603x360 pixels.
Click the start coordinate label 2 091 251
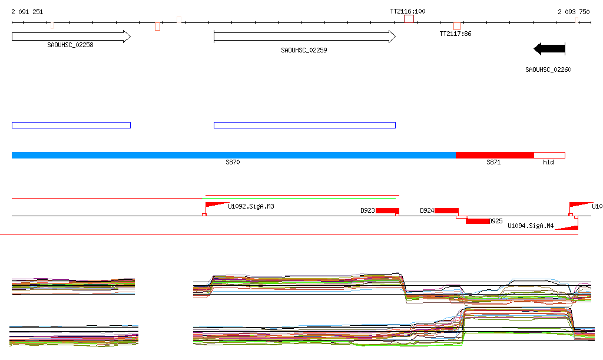click(x=26, y=12)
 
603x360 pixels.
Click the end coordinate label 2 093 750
click(x=574, y=12)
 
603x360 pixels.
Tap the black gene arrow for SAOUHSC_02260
click(x=549, y=48)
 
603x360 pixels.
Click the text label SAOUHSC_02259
click(x=304, y=51)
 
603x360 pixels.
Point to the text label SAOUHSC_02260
click(x=548, y=70)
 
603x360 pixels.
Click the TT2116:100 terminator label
click(x=407, y=11)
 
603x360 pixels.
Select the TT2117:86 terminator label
click(x=455, y=34)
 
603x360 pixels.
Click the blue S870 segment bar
click(x=233, y=155)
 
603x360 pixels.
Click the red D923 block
click(x=387, y=211)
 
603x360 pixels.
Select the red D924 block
click(x=446, y=211)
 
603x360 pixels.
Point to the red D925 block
click(x=478, y=221)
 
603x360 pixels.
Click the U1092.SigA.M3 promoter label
click(x=251, y=207)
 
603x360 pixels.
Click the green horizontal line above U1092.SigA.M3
click(x=301, y=195)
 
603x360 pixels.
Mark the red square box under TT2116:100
click(x=409, y=19)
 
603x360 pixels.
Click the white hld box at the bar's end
click(x=549, y=155)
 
